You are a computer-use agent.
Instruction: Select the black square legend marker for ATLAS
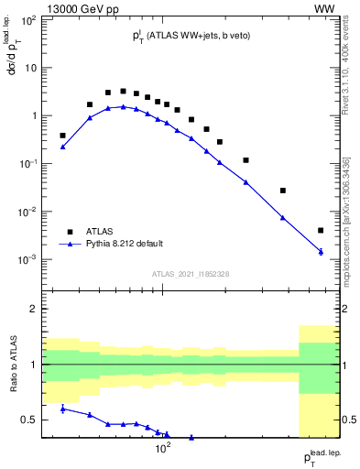66,231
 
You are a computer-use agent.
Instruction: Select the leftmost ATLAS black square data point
62,136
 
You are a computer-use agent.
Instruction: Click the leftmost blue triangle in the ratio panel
62,408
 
